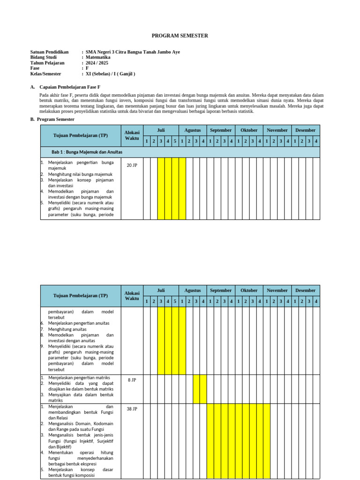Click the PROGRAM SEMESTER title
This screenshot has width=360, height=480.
[x=180, y=36]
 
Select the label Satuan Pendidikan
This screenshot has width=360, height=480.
[x=49, y=52]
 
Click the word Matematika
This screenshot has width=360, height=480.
[x=98, y=57]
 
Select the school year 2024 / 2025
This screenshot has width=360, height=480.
[x=97, y=63]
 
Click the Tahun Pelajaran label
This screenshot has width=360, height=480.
[x=47, y=63]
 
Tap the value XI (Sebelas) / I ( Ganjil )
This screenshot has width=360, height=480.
[x=110, y=74]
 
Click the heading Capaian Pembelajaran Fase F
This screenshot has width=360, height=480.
[x=70, y=87]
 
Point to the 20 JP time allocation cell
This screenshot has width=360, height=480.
[x=132, y=165]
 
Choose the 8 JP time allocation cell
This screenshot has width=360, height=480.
[x=132, y=380]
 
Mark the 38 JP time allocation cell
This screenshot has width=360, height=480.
[x=132, y=409]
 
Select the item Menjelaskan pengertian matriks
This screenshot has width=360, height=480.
[x=79, y=377]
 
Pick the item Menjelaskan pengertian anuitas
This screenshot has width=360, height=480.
[x=79, y=323]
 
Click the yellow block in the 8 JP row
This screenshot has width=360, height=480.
[x=200, y=389]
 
